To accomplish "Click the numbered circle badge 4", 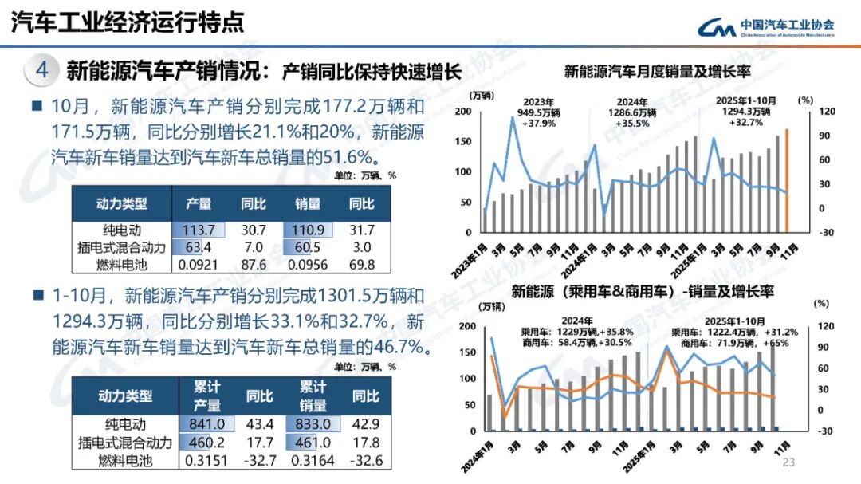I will click(x=41, y=70).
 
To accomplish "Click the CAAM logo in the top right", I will click(x=765, y=27).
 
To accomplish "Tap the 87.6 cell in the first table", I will click(x=254, y=264).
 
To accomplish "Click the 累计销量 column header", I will click(x=313, y=395).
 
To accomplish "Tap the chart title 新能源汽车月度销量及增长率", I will click(x=658, y=72).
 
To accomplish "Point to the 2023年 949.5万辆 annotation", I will click(x=538, y=112).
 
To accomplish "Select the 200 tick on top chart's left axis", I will click(x=462, y=111).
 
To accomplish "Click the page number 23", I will click(x=790, y=462).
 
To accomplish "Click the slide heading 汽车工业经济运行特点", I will click(x=128, y=23).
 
